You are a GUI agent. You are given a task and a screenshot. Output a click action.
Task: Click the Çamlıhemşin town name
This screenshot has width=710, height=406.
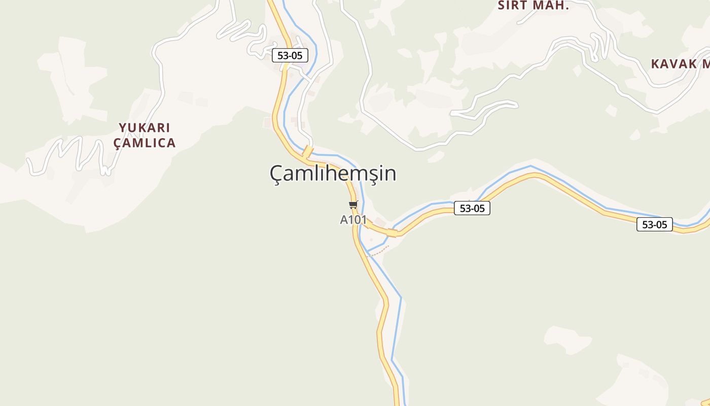pyautogui.click(x=333, y=174)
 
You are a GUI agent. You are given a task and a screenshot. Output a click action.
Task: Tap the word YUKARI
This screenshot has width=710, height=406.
pyautogui.click(x=145, y=128)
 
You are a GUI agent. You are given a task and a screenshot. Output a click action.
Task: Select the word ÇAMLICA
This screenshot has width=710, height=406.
pyautogui.click(x=145, y=143)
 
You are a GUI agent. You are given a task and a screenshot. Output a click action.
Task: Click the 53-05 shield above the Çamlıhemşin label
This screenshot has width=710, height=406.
pyautogui.click(x=290, y=55)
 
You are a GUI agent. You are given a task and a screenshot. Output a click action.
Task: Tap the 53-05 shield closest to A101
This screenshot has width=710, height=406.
pyautogui.click(x=472, y=208)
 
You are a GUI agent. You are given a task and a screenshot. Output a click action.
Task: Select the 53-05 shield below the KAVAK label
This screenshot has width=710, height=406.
pyautogui.click(x=654, y=224)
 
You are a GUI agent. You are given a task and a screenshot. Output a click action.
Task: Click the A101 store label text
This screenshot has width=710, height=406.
pyautogui.click(x=353, y=220)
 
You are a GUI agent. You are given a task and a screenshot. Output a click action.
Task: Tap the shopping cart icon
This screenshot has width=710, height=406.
pyautogui.click(x=353, y=205)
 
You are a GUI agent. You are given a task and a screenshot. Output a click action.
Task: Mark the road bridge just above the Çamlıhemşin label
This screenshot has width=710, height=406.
pyautogui.click(x=307, y=151)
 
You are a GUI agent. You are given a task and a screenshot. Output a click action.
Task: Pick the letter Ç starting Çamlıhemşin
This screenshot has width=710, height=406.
pyautogui.click(x=276, y=175)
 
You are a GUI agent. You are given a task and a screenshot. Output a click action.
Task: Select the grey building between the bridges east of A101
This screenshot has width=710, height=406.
pyautogui.click(x=379, y=222)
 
